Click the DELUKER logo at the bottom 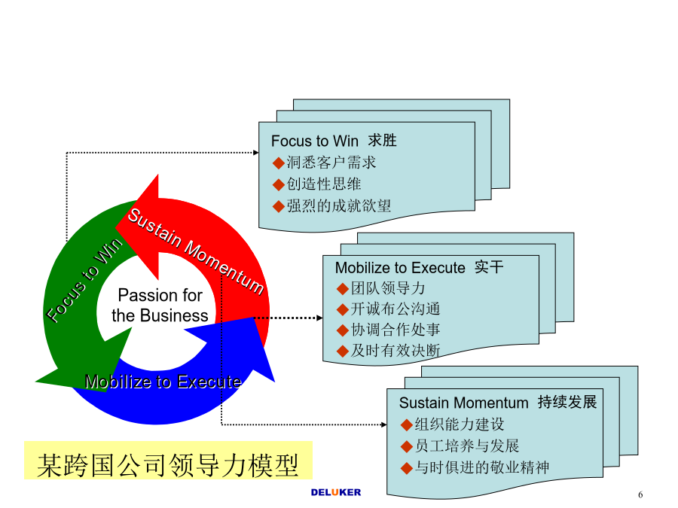[335, 492]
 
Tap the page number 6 [640, 494]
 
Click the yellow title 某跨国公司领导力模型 [168, 465]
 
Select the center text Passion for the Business [160, 306]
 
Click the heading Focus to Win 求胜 [334, 141]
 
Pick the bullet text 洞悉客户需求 [331, 163]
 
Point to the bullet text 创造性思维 [324, 184]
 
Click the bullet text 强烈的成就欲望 [339, 205]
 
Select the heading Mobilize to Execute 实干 [420, 267]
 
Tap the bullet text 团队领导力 [388, 288]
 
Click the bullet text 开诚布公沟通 [395, 309]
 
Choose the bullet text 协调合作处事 [395, 330]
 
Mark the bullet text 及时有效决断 [395, 350]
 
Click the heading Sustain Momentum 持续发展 [498, 402]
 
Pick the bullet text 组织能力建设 [460, 424]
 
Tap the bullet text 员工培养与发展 [467, 446]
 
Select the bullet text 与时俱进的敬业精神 [482, 467]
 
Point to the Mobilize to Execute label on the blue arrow [163, 382]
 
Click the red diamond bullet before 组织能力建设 [407, 425]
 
